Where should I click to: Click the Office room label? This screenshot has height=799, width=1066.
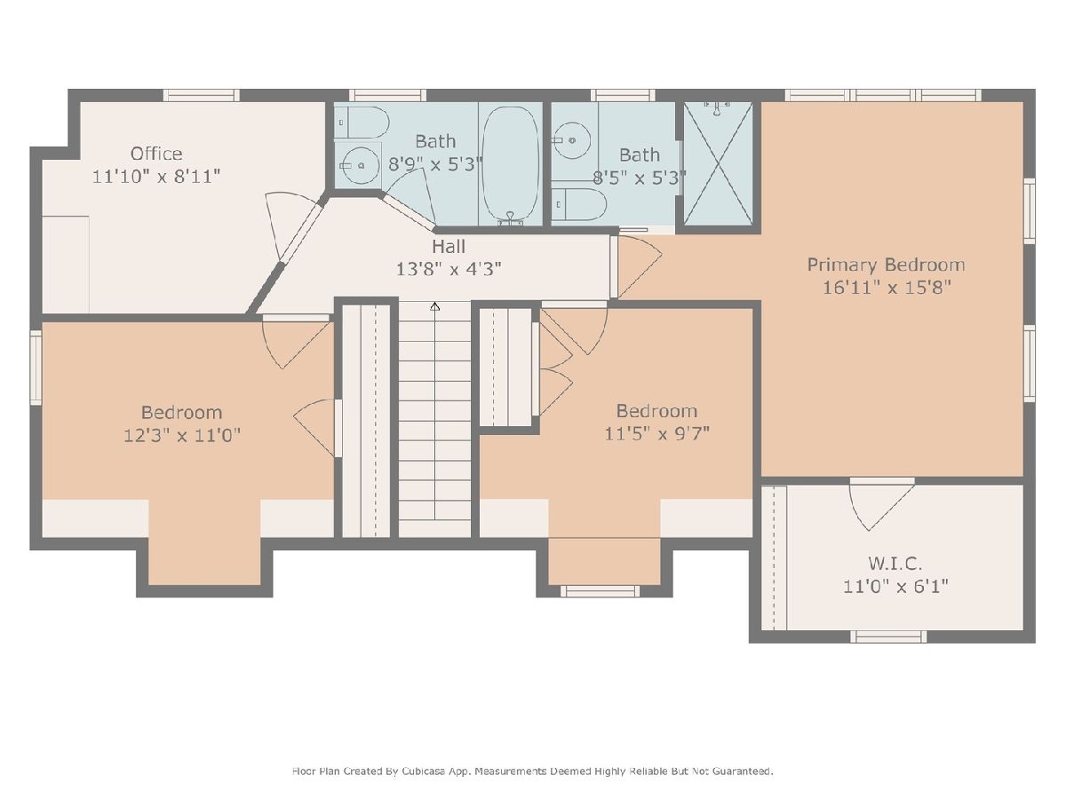click(x=156, y=154)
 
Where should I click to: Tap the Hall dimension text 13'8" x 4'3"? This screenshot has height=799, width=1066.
click(x=449, y=269)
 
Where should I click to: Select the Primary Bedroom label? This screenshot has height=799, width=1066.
click(x=886, y=265)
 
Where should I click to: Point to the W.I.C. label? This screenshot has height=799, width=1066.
click(x=895, y=564)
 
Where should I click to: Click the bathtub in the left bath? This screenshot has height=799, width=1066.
click(x=510, y=166)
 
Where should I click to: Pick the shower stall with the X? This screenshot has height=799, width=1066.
click(x=718, y=164)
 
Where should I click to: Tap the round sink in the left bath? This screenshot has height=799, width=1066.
click(x=361, y=165)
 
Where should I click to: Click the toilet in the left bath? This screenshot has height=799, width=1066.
click(x=362, y=123)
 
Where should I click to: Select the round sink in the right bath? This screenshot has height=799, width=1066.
click(x=572, y=140)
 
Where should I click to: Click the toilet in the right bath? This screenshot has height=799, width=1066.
click(x=579, y=205)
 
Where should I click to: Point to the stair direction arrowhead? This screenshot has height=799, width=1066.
click(x=435, y=306)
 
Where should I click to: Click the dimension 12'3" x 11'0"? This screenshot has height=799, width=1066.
click(x=182, y=435)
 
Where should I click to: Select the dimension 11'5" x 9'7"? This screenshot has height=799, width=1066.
click(x=656, y=433)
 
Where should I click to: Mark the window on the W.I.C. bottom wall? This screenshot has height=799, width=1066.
click(x=887, y=637)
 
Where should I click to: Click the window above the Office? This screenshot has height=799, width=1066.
click(x=201, y=95)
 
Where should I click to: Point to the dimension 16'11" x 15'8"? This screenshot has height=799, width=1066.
click(x=887, y=288)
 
